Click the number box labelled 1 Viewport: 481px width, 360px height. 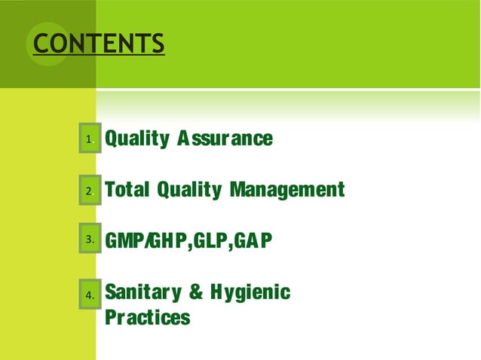90,139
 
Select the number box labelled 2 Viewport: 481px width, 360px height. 90,191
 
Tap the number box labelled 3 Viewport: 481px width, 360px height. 90,239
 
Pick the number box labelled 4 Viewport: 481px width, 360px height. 90,295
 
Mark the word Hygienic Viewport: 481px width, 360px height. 250,292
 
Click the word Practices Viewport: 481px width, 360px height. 147,317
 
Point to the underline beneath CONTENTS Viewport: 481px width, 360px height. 98,56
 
